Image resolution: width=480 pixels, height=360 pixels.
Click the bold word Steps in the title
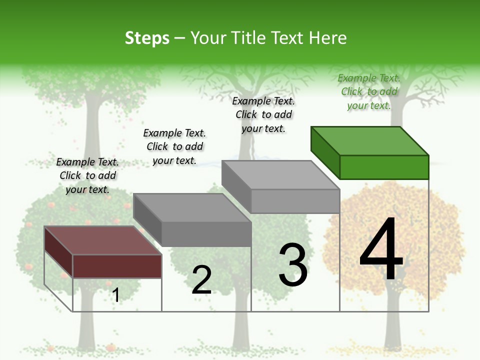point(147,38)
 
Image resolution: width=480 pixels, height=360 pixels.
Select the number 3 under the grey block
point(293,265)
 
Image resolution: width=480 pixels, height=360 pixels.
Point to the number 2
point(201,280)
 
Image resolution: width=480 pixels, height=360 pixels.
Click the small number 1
point(115,295)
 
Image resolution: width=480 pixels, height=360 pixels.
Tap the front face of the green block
point(384,167)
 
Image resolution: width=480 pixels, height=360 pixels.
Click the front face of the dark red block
point(117,266)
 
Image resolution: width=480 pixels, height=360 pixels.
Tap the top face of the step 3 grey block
point(280,175)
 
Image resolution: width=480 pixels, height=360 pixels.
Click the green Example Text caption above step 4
point(369,91)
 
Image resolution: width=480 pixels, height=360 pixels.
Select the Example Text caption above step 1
point(87,175)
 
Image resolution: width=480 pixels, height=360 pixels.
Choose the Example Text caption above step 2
point(174,146)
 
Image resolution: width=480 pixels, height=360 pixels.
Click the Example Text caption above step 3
point(263,114)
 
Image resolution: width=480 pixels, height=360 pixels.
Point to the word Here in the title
point(328,38)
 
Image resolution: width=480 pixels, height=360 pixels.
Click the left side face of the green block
point(325,152)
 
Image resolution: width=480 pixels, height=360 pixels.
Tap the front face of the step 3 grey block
point(295,201)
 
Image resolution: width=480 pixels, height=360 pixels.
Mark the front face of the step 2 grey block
point(206,234)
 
